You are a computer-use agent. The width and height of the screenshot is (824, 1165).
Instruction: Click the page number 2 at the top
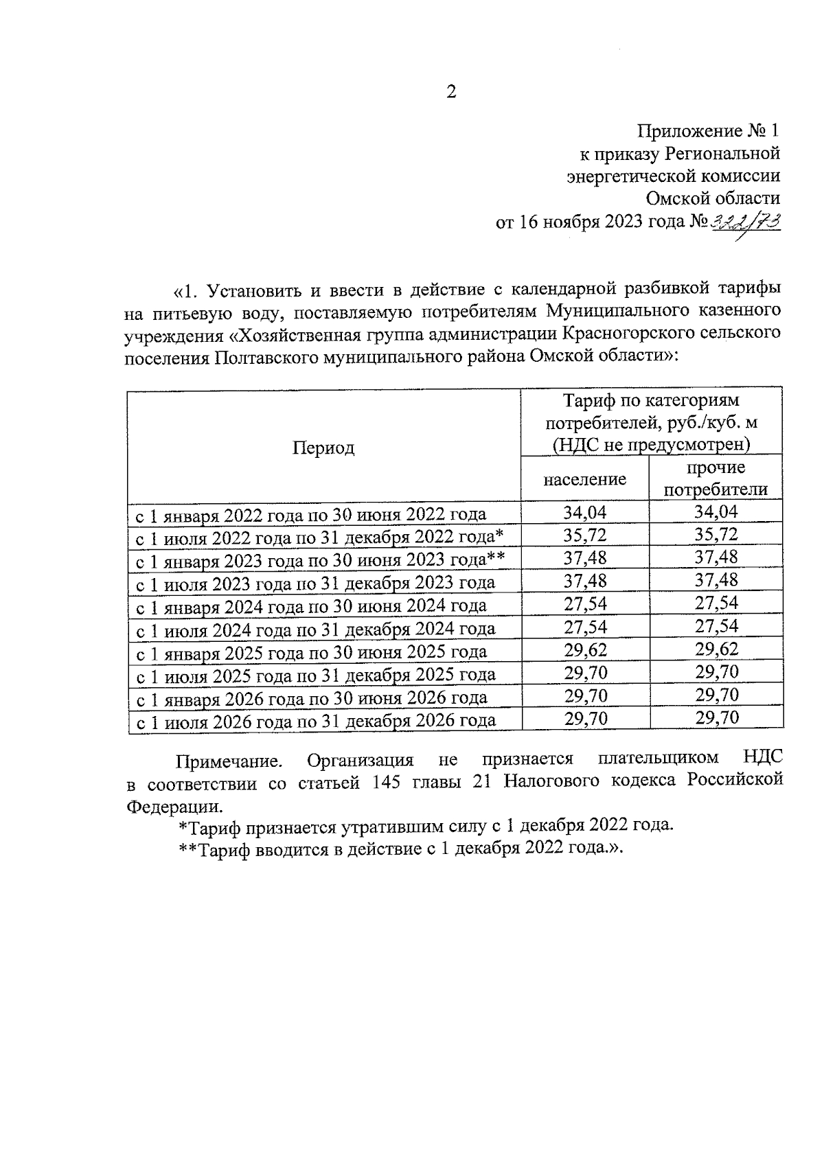tap(451, 92)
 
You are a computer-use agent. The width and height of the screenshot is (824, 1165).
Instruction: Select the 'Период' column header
tap(323, 448)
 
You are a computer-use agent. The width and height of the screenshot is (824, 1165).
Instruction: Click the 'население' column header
tap(584, 478)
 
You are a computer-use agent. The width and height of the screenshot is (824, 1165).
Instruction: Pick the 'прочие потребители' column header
tap(716, 478)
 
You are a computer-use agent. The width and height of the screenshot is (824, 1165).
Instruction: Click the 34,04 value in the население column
tap(585, 512)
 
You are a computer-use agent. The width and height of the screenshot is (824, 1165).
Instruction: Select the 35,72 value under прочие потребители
tap(716, 534)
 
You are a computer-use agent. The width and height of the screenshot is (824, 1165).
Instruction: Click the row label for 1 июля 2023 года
tap(314, 583)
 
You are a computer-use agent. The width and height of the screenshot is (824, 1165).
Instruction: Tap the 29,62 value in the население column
tap(585, 650)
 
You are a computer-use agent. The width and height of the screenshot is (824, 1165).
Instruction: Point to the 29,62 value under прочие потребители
tap(716, 650)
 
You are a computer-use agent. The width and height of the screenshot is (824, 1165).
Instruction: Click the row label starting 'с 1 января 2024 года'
tap(310, 605)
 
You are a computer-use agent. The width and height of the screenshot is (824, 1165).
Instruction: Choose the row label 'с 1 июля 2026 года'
tap(314, 721)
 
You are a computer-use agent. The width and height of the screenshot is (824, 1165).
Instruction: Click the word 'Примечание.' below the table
tap(229, 761)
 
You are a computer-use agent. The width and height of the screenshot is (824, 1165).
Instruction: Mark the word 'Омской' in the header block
tap(676, 198)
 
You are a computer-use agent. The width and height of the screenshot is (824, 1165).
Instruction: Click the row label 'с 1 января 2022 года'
tap(310, 514)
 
